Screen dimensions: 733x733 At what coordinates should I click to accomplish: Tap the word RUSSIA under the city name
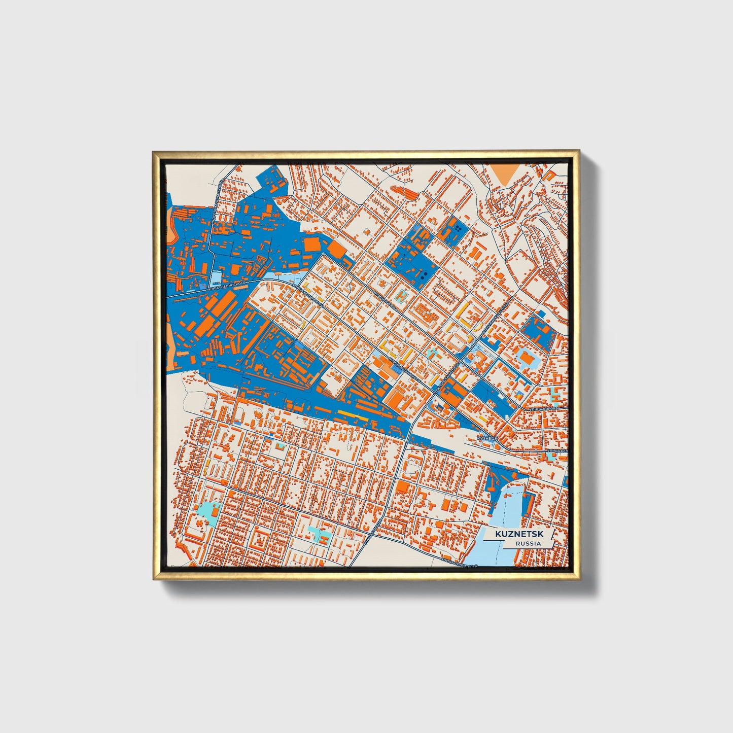pyautogui.click(x=528, y=543)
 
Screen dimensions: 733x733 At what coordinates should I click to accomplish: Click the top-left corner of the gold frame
pyautogui.click(x=154, y=152)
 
